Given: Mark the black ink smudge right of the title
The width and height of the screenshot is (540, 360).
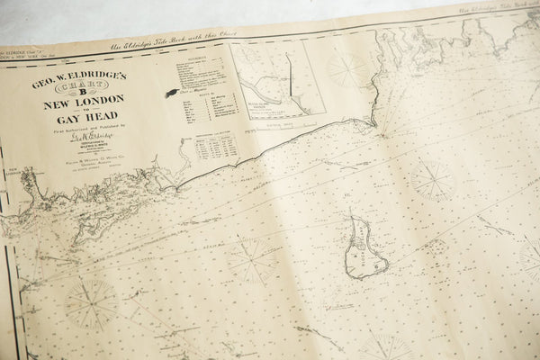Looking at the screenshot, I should coord(171,93).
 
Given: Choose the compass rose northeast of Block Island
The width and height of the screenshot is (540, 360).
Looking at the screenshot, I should coord(433,179).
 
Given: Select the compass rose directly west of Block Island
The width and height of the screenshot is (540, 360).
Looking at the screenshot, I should coord(251,260).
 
